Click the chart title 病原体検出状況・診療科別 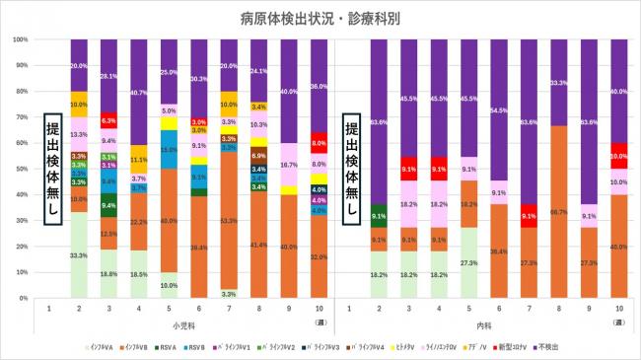point(320,18)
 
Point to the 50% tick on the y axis point(20,169)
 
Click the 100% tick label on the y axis point(20,39)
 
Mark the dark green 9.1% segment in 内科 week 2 point(379,215)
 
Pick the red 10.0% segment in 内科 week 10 point(617,156)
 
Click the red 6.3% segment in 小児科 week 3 point(109,120)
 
